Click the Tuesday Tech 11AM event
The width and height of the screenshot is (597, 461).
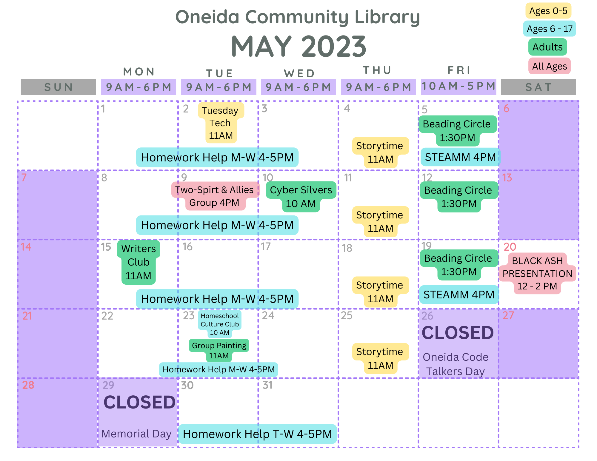click(x=221, y=123)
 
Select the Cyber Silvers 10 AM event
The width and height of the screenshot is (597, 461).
click(x=301, y=197)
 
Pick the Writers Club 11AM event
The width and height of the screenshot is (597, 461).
click(x=139, y=262)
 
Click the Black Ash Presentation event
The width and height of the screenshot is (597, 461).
click(x=537, y=273)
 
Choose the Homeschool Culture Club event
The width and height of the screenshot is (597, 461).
click(x=220, y=324)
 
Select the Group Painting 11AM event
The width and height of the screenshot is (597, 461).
click(x=219, y=350)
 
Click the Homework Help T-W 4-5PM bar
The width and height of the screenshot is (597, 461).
click(x=257, y=434)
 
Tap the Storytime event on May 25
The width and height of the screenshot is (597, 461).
click(x=380, y=358)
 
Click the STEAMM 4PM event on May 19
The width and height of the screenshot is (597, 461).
click(x=459, y=295)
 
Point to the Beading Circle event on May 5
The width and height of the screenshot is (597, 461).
click(x=457, y=131)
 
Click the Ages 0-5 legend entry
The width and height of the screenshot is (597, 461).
click(x=548, y=11)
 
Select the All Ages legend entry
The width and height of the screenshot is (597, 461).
click(x=550, y=66)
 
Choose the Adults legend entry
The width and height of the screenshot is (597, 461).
click(x=547, y=47)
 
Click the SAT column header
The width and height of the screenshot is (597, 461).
click(x=538, y=87)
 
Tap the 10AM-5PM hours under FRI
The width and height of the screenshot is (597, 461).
click(x=458, y=86)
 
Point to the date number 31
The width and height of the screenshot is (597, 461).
click(x=267, y=385)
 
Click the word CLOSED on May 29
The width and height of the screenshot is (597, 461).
click(x=139, y=402)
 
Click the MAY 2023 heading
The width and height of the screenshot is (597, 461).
click(x=298, y=47)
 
